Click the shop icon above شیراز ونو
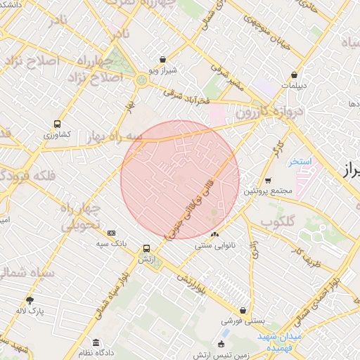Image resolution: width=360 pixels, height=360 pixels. point(163,60)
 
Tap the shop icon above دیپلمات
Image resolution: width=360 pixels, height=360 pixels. point(294,75)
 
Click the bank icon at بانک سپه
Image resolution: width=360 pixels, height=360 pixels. point(111,233)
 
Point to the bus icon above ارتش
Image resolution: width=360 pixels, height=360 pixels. point(146,248)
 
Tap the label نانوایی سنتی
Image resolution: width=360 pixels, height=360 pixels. point(215,246)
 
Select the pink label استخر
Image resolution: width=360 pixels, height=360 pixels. point(299,162)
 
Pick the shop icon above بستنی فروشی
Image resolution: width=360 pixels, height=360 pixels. point(243,309)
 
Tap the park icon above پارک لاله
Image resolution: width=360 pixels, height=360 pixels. point(30,299)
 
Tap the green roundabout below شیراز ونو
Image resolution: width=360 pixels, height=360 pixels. point(142,80)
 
